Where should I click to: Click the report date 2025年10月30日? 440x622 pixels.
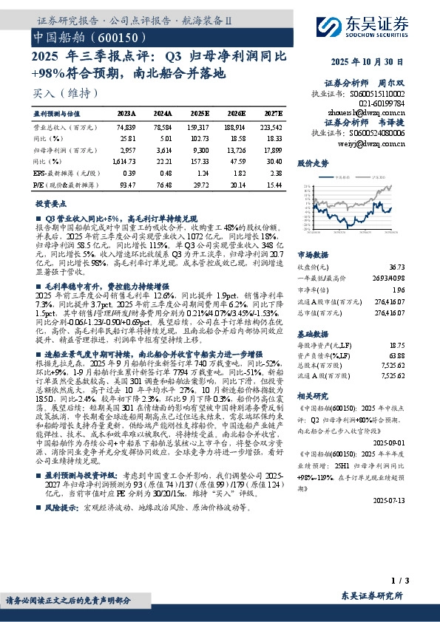pos(376,61)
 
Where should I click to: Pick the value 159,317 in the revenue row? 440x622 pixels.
pos(199,127)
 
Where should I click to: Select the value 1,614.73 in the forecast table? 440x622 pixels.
pos(126,160)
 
